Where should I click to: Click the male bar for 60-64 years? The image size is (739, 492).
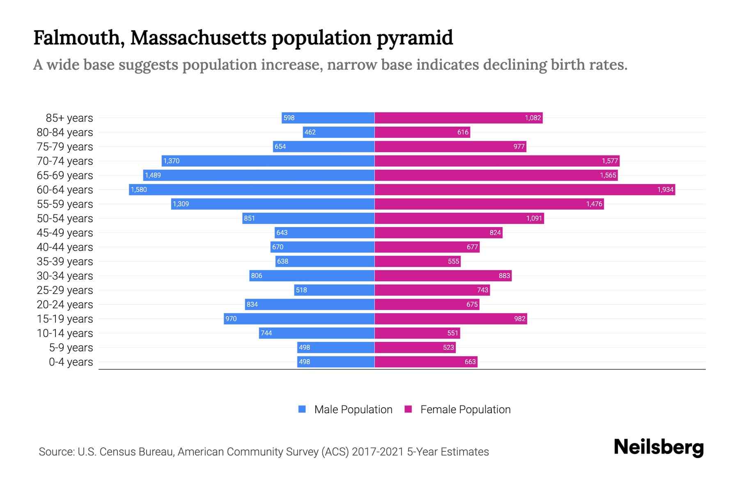[251, 189]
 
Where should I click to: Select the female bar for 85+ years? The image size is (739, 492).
[458, 118]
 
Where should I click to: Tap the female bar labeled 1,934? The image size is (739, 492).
[525, 189]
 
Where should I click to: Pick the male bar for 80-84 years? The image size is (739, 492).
[339, 132]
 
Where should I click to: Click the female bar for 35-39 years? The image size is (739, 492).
[418, 261]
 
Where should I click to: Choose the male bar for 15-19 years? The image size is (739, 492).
[299, 319]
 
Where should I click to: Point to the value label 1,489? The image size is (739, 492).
[153, 175]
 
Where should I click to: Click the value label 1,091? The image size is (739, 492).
[534, 218]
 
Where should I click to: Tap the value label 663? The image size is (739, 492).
[470, 362]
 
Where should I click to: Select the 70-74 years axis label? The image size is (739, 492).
[65, 161]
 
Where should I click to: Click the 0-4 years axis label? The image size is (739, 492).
[71, 362]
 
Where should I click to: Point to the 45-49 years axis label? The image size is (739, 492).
[65, 232]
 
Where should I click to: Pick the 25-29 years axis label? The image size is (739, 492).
[65, 290]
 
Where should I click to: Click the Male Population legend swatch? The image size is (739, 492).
[302, 409]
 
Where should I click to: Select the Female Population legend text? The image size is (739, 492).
[465, 409]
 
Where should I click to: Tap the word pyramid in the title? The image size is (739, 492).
[415, 38]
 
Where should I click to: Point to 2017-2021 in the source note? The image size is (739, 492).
[378, 451]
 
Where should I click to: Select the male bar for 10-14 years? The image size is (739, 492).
[317, 333]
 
